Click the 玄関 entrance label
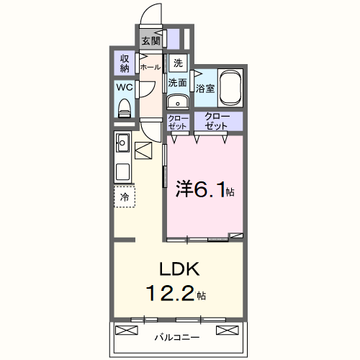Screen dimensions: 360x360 pyautogui.click(x=150, y=40)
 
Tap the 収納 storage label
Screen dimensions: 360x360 pyautogui.click(x=124, y=63)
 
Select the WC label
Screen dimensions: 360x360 pyautogui.click(x=124, y=89)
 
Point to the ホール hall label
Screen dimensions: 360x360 pyautogui.click(x=150, y=67)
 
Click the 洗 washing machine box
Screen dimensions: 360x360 pyautogui.click(x=178, y=62)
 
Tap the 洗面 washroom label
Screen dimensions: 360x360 pyautogui.click(x=178, y=83)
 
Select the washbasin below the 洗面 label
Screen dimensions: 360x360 pyautogui.click(x=177, y=102)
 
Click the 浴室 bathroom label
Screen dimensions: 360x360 pyautogui.click(x=205, y=89)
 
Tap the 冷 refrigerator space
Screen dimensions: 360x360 pyautogui.click(x=125, y=196)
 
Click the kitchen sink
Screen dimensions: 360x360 pyautogui.click(x=122, y=140)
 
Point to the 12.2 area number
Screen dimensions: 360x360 pyautogui.click(x=171, y=294)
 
